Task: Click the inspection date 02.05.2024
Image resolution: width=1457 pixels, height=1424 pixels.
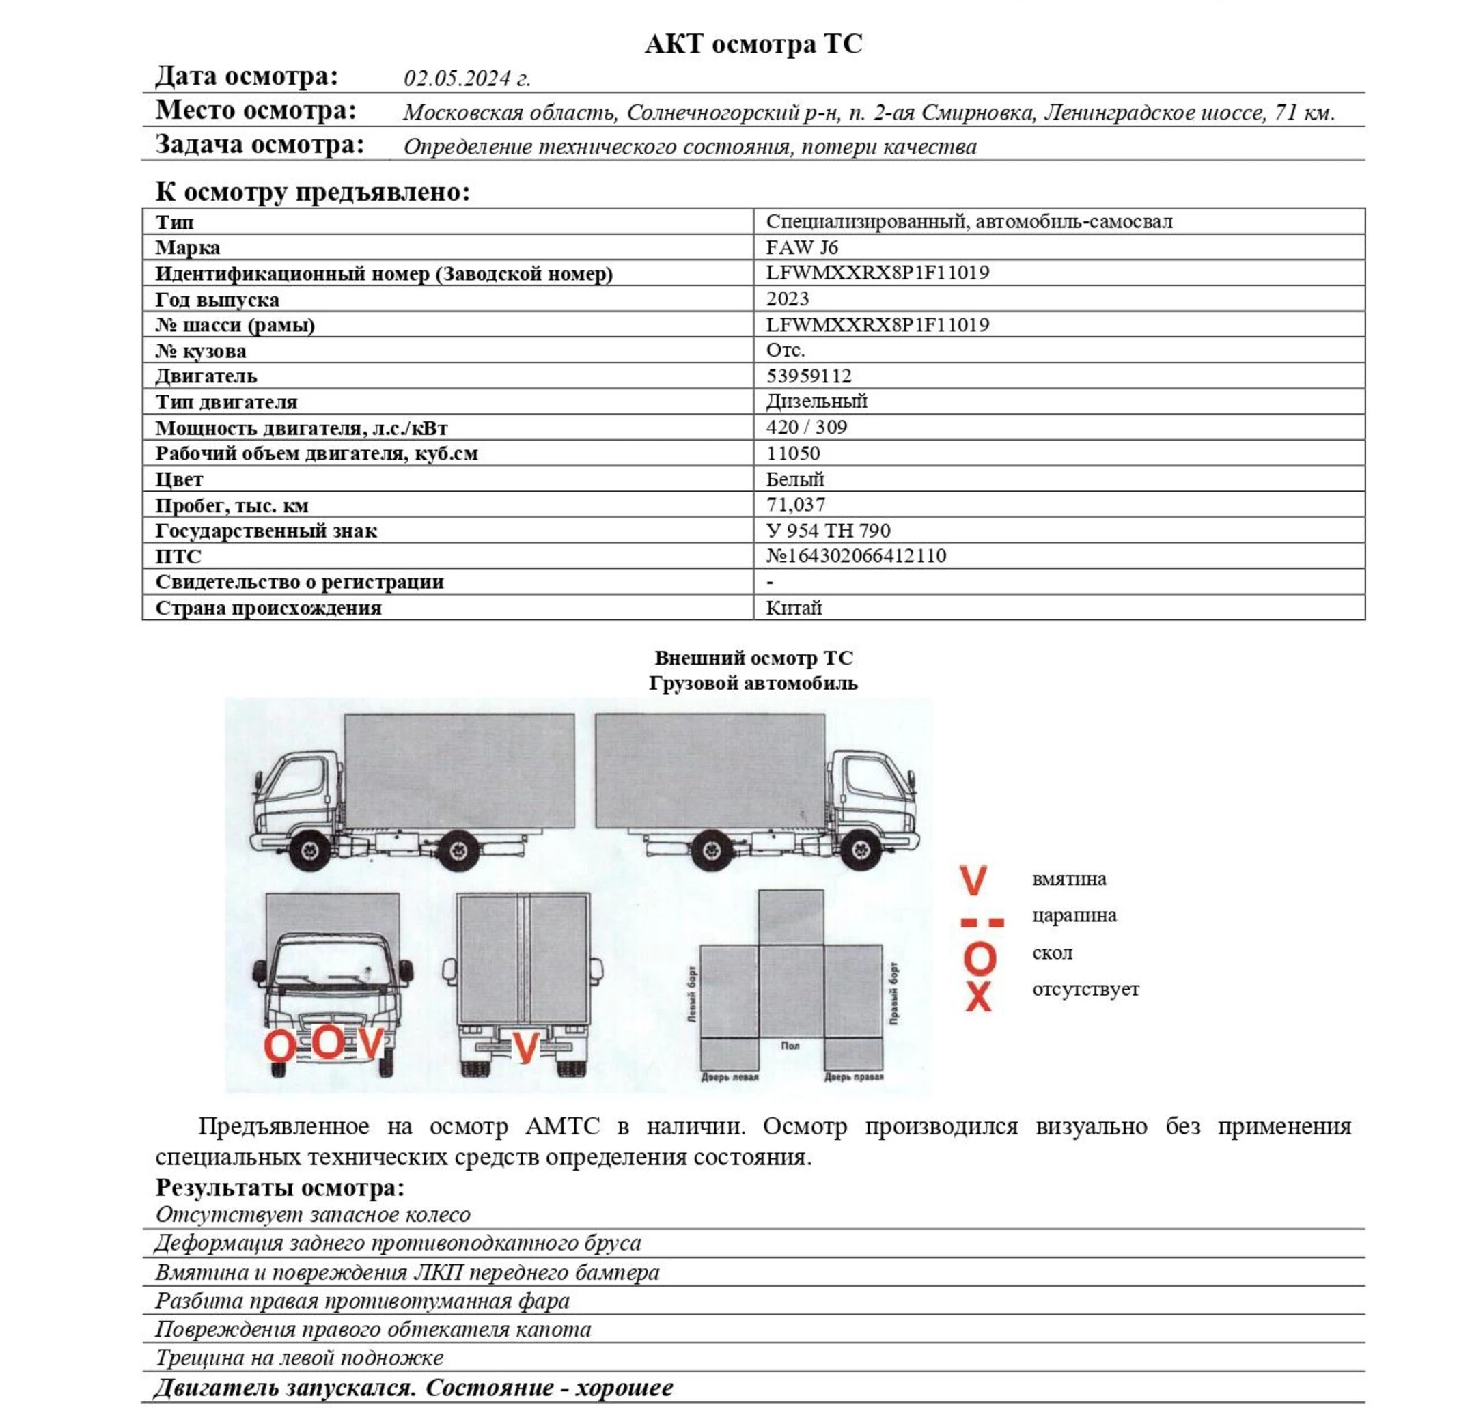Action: [467, 79]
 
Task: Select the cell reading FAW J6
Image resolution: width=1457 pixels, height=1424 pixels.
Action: [802, 247]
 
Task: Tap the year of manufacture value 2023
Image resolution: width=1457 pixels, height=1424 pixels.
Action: [788, 298]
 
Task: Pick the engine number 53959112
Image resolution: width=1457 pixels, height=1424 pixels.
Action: [809, 376]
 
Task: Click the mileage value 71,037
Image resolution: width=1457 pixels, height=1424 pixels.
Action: [796, 505]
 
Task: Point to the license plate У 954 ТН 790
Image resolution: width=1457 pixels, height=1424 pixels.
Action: [828, 530]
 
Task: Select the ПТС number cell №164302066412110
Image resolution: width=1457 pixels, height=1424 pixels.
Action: [856, 556]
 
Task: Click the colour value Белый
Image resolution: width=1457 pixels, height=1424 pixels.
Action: [795, 479]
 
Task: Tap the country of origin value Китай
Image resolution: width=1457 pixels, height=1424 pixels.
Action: [794, 607]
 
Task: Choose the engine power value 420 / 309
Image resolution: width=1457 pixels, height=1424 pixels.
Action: [806, 427]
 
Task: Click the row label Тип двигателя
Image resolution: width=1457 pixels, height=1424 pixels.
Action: [226, 402]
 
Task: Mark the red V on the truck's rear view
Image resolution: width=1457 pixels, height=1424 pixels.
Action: [525, 1047]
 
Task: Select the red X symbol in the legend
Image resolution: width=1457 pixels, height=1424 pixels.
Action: [977, 997]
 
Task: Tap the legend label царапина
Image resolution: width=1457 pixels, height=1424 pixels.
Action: [1073, 915]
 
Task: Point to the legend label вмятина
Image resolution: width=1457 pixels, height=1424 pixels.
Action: [1068, 879]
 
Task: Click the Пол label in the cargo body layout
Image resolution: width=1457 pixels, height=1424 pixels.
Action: [790, 1046]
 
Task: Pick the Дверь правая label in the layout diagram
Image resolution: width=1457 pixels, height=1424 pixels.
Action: [852, 1077]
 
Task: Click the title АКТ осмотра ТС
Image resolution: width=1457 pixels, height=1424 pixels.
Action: [753, 44]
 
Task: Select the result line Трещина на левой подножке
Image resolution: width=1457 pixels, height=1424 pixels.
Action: [299, 1358]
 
